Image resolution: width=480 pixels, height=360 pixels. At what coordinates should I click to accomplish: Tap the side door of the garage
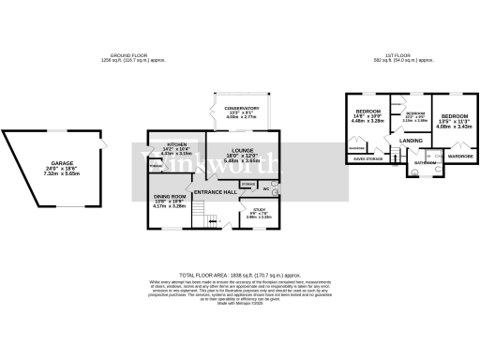click(101, 143)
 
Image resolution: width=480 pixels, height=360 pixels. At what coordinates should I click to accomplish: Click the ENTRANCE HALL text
click(215, 191)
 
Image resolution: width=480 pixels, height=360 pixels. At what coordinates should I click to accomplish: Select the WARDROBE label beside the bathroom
click(459, 156)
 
